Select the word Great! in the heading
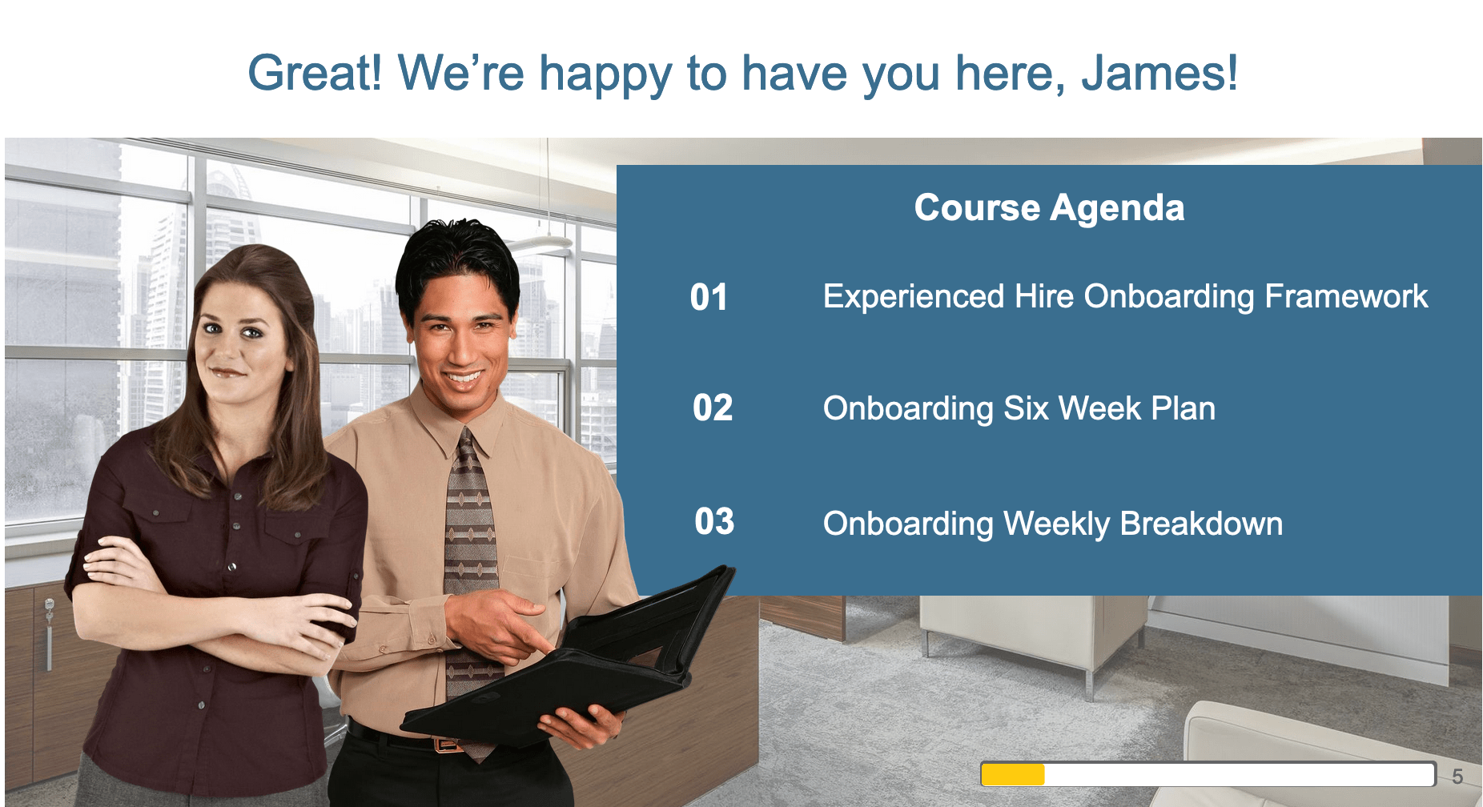pyautogui.click(x=315, y=73)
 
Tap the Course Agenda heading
pyautogui.click(x=1049, y=208)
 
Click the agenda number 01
pyautogui.click(x=709, y=297)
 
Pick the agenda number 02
pyautogui.click(x=713, y=408)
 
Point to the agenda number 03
pyautogui.click(x=714, y=522)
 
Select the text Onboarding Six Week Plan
pyautogui.click(x=1019, y=408)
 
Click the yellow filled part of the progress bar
pyautogui.click(x=1013, y=775)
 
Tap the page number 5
pyautogui.click(x=1457, y=777)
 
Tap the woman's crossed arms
pyautogui.click(x=216, y=608)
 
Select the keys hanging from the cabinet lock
pyautogui.click(x=49, y=632)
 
